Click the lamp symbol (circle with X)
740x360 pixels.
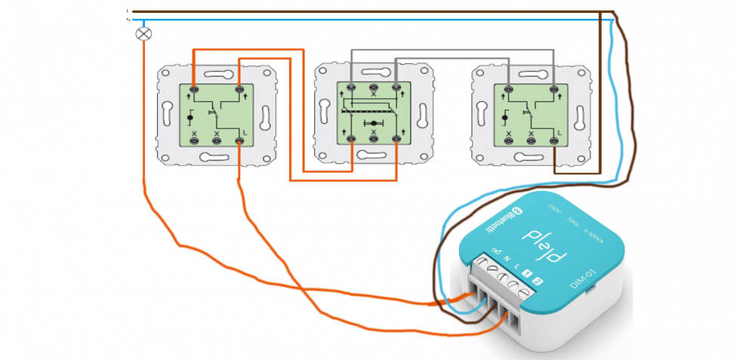click(143, 34)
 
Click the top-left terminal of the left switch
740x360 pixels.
click(194, 89)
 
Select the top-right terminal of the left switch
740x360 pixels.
click(239, 89)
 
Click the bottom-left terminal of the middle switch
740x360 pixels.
click(352, 138)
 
